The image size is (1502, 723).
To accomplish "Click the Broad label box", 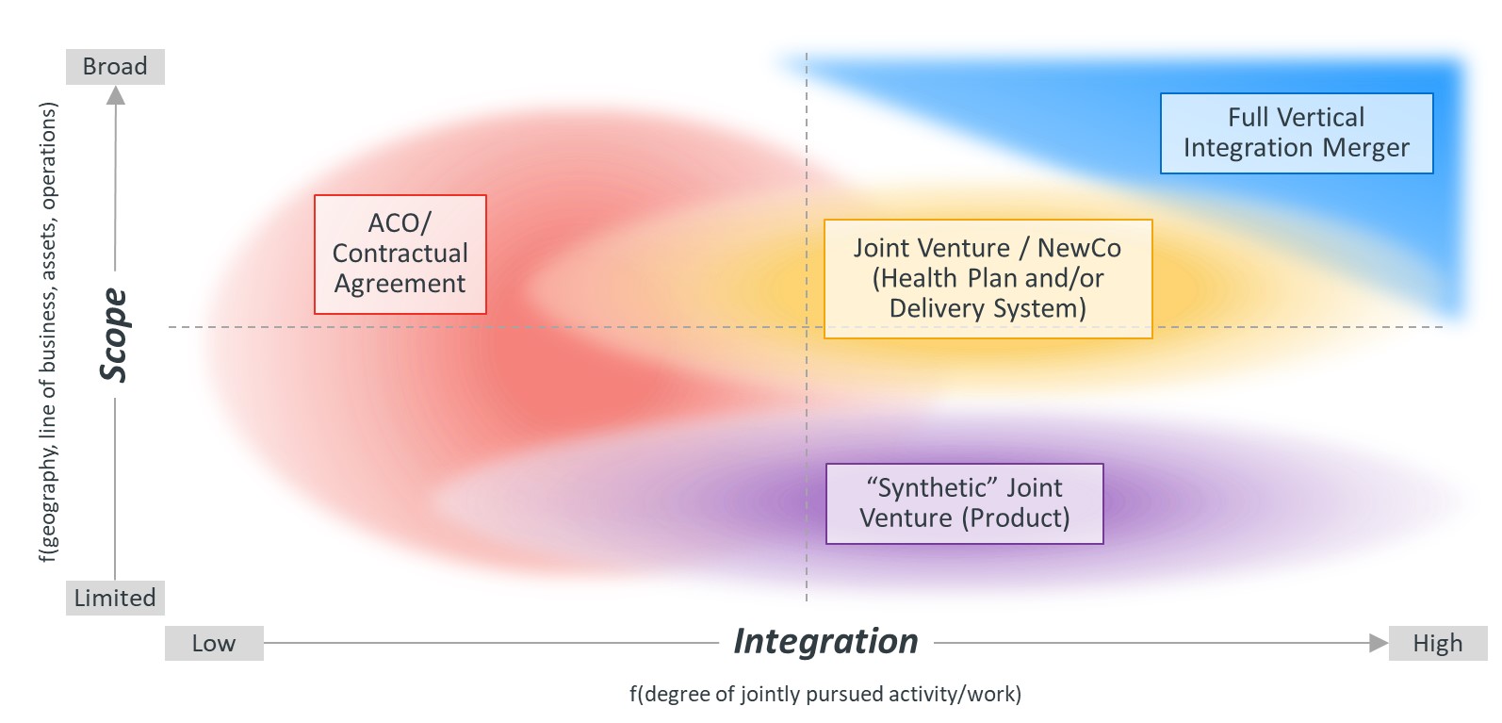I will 115,67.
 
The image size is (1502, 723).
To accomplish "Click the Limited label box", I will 115,599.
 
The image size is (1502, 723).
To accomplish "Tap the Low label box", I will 214,644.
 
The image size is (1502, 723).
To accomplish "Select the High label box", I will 1437,644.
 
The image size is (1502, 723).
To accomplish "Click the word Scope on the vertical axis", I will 114,336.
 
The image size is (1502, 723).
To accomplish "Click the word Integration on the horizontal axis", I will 825,641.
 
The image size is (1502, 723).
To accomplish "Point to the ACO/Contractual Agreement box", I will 400,254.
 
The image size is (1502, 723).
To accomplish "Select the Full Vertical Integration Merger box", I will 1296,133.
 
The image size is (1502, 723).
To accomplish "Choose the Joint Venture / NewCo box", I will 988,278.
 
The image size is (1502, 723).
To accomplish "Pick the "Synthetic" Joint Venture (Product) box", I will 964,503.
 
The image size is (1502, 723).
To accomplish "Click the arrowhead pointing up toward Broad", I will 115,95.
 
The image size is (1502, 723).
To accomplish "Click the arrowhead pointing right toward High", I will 1379,644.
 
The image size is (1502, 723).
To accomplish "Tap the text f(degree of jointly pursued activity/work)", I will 824,695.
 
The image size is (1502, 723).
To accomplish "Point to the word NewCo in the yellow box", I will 1079,248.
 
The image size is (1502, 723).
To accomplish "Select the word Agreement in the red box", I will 400,284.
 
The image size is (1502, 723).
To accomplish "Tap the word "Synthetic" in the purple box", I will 932,487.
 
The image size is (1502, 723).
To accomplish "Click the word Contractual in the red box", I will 400,254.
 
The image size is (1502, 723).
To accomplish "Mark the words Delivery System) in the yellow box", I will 988,308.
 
